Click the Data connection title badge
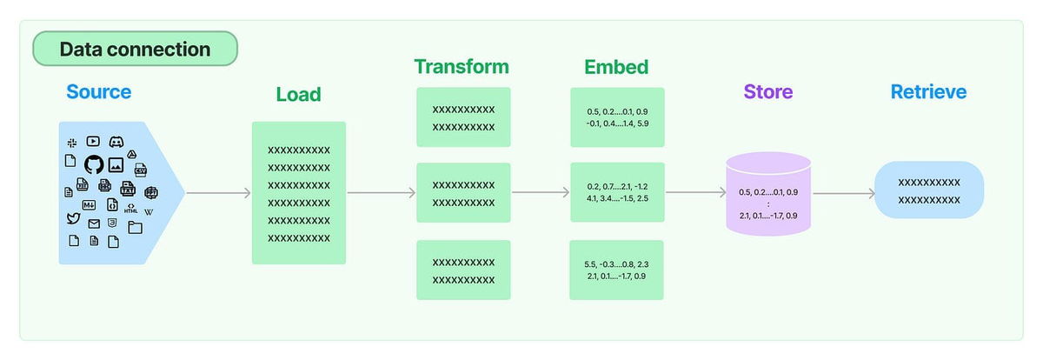click(135, 49)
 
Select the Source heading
click(98, 91)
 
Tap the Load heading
click(298, 94)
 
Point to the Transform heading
click(461, 67)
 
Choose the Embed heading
click(616, 67)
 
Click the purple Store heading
click(767, 91)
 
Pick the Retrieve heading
click(928, 91)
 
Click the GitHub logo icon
click(94, 163)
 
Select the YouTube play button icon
click(94, 141)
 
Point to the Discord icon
click(116, 142)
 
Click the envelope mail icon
click(94, 224)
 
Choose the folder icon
click(135, 228)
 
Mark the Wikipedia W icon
click(149, 212)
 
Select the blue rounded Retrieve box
click(928, 190)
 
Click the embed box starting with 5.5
click(616, 270)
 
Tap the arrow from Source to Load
click(218, 193)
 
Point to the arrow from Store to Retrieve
click(842, 193)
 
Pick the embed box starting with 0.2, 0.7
click(616, 192)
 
